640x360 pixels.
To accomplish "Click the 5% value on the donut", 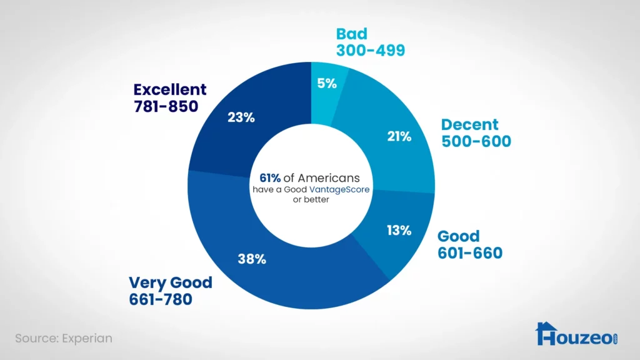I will pos(326,82).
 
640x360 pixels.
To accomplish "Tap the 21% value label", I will pos(399,136).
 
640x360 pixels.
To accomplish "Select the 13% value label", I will pos(399,231).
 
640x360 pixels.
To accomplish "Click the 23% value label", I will pos(241,117).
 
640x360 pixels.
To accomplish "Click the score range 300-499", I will pos(371,50).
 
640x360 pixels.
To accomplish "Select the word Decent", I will pos(469,124).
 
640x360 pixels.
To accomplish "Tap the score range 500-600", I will pos(476,141).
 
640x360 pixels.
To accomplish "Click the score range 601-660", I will pos(470,253).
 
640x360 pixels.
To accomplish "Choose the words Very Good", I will pos(171,282).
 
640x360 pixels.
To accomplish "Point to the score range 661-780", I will pos(161,299).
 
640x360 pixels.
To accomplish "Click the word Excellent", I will pos(170,89).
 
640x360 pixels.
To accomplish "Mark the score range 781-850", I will pos(166,106).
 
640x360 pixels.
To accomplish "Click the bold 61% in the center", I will pos(266,178).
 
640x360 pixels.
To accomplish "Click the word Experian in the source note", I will pos(87,338).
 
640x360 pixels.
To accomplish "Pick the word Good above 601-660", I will pos(459,236).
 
